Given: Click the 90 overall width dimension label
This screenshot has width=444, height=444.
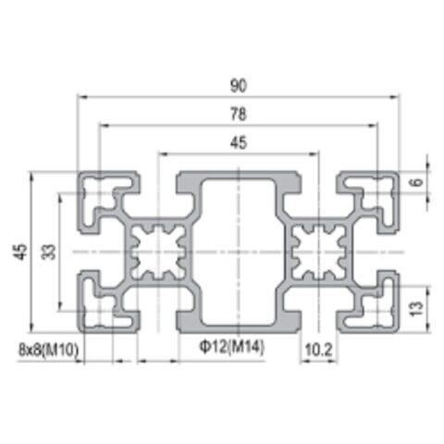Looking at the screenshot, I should coord(239,85).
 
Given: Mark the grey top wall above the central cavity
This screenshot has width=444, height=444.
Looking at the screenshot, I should coord(239,178).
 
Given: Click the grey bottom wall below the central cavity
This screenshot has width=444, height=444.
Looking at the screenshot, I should coord(239,325).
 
